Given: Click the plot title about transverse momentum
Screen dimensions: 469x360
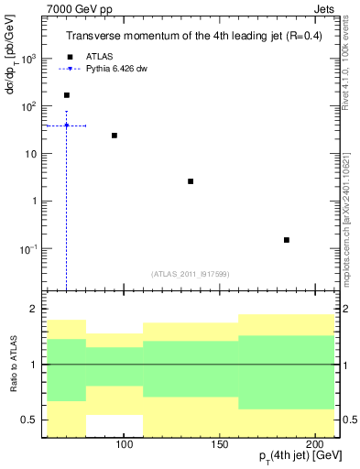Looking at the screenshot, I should click(191, 37).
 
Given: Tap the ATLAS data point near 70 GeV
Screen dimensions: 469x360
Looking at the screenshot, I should click(66, 95).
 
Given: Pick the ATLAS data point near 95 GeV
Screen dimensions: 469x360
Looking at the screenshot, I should click(115, 136).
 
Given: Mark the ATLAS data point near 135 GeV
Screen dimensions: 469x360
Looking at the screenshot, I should click(191, 181).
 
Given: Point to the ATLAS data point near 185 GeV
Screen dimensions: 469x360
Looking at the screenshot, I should click(287, 240).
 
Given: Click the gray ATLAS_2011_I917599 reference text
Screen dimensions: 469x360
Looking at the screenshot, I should click(191, 274).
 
